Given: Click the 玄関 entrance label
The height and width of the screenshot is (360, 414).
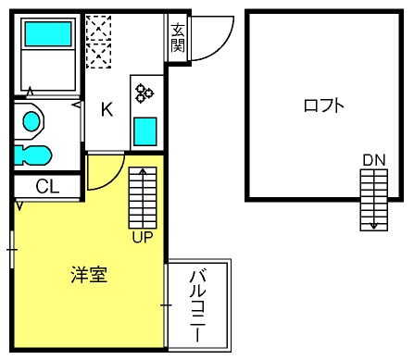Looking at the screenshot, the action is (x=178, y=38).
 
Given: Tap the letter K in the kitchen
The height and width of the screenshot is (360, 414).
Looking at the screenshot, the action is (x=107, y=109).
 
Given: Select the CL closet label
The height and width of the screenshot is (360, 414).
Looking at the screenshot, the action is (x=47, y=186).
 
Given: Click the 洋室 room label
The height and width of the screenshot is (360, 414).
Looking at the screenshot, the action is (x=89, y=274).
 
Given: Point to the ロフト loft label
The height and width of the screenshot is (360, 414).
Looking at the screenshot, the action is (x=323, y=106).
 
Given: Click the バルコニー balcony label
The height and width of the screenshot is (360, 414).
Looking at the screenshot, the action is (x=197, y=305).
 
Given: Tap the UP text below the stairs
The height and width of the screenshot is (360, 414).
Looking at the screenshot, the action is (x=143, y=237).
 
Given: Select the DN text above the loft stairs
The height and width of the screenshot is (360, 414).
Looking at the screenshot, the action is (x=374, y=160).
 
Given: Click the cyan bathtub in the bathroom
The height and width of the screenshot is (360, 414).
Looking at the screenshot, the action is (x=48, y=34).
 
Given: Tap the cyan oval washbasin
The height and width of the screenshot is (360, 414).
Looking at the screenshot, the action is (x=31, y=121).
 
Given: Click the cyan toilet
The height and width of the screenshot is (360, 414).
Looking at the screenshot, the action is (x=32, y=155).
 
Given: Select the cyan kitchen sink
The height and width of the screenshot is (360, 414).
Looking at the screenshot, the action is (x=144, y=131).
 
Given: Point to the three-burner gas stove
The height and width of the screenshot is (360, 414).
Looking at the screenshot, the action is (x=144, y=93).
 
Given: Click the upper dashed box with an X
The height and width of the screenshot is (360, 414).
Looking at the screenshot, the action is (x=98, y=28).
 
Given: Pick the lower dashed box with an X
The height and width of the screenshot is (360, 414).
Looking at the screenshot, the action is (x=98, y=56).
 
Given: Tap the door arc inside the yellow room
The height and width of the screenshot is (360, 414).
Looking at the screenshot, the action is (x=115, y=180).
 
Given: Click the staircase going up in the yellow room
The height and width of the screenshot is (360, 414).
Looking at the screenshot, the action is (x=143, y=198).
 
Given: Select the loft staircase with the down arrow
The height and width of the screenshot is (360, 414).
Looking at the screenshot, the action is (x=374, y=200).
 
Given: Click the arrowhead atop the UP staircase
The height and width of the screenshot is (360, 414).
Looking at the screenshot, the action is (x=143, y=170).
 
